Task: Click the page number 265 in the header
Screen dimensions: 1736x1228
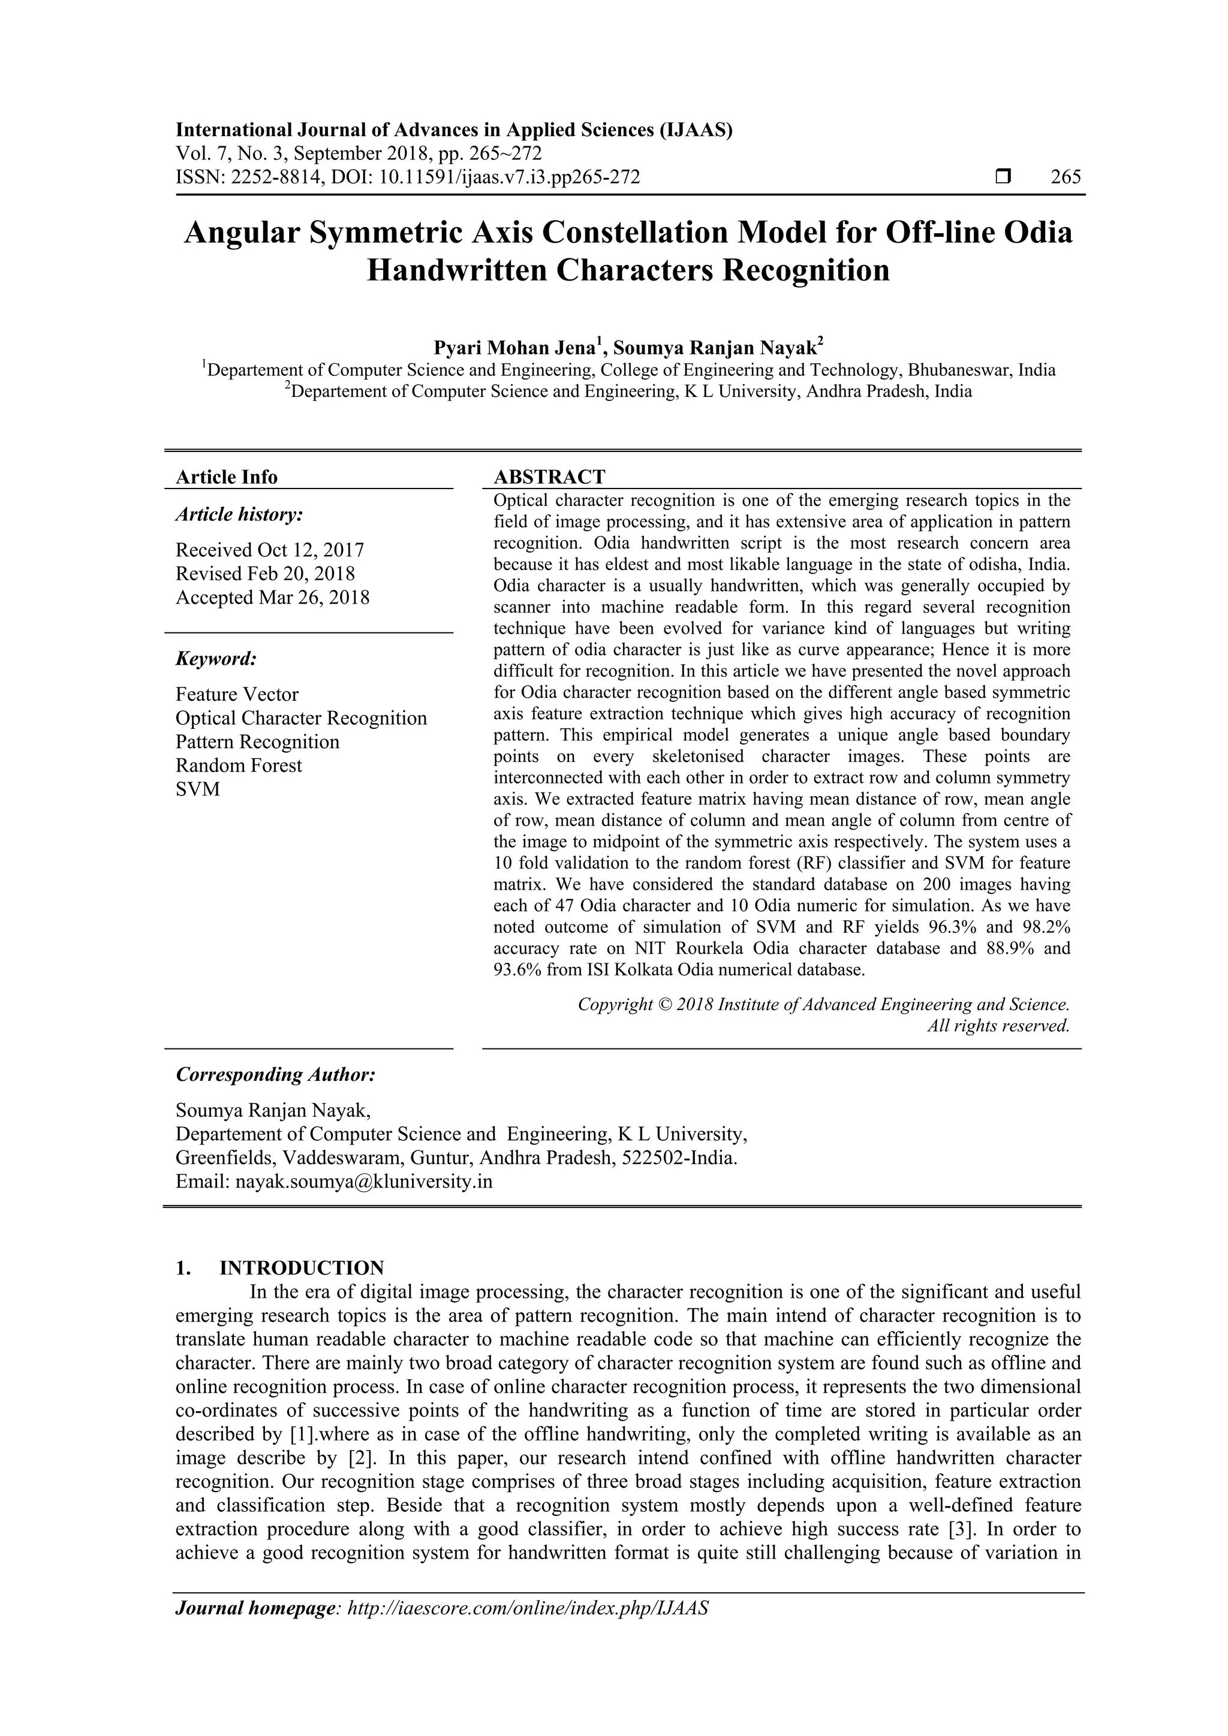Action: click(1066, 177)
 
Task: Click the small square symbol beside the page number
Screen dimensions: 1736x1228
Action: click(1003, 177)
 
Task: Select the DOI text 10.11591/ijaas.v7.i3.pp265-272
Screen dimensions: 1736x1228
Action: click(509, 177)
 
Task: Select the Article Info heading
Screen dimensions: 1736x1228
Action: click(226, 477)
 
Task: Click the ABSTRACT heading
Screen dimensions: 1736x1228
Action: click(549, 477)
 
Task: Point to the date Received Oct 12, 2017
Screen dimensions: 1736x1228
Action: click(270, 550)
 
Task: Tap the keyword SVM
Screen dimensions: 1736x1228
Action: click(197, 789)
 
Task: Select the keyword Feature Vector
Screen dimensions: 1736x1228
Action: click(237, 694)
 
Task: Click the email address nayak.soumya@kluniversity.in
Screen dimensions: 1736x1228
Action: click(364, 1182)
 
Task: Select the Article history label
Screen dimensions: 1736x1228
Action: click(239, 515)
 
